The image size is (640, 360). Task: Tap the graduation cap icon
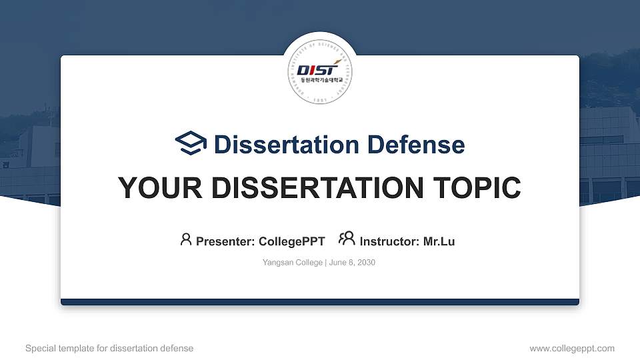(191, 144)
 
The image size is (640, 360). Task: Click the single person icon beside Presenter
(186, 239)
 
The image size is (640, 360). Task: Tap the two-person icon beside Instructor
(347, 239)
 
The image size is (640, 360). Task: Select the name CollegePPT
(291, 241)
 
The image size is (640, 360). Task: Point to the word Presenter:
(225, 241)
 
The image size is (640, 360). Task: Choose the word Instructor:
(389, 241)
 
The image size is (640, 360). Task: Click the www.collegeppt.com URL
(572, 348)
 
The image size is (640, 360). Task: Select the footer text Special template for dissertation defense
(109, 348)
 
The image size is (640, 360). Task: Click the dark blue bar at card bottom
(320, 302)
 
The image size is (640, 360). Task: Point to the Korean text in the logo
(321, 80)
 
